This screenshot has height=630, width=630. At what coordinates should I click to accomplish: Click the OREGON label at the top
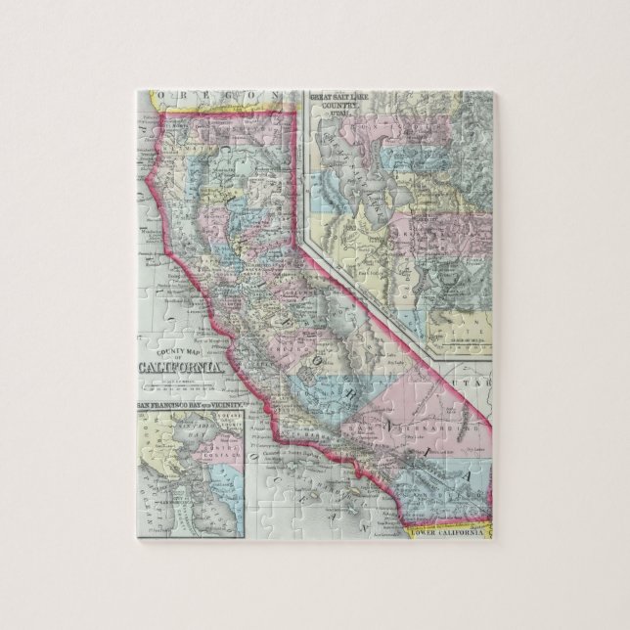click(x=200, y=97)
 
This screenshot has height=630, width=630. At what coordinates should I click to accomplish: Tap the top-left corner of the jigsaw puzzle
click(x=138, y=92)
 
